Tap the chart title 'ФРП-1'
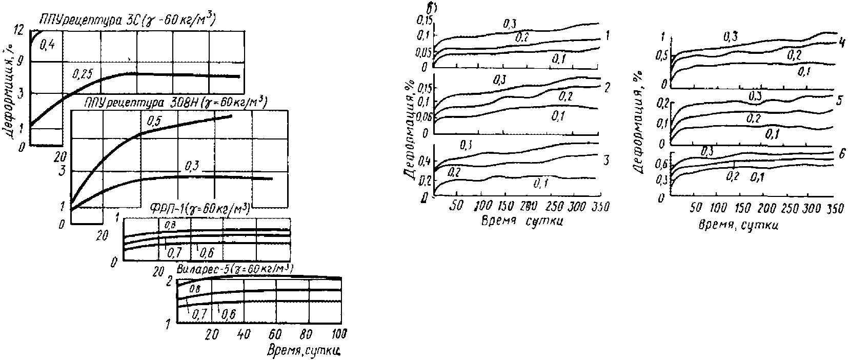[x=199, y=208]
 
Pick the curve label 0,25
[x=83, y=74]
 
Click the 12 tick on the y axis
[x=19, y=30]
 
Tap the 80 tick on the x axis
[x=307, y=334]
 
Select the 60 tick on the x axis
[x=275, y=334]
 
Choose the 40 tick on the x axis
[x=244, y=334]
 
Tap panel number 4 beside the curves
[x=841, y=43]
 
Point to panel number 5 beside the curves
[x=840, y=101]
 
